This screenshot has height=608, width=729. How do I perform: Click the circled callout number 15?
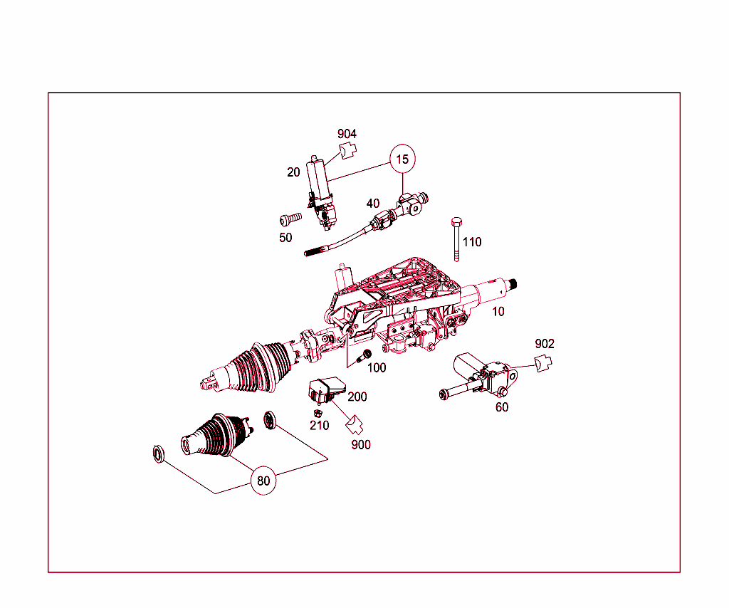pos(402,159)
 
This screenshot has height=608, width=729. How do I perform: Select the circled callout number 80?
pos(263,481)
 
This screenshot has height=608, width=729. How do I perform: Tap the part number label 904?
pos(347,134)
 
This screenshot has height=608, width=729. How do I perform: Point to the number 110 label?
pos(472,242)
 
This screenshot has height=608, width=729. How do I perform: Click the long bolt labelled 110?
pos(456,239)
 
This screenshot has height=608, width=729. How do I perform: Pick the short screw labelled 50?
pos(290,219)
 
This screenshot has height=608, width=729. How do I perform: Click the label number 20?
pos(293,172)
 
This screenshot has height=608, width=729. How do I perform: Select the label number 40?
pos(373,203)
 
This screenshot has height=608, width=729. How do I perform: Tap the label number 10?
pos(498,311)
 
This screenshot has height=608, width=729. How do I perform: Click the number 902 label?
pos(545,343)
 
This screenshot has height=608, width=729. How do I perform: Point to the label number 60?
pos(502,407)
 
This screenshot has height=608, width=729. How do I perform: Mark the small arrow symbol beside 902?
pos(543,362)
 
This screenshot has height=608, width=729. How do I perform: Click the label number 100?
pos(377,367)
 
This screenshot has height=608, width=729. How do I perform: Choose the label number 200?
pos(357,397)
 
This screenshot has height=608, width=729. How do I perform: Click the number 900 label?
pos(361,444)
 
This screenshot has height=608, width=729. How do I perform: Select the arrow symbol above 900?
pos(355,424)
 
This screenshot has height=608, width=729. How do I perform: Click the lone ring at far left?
pos(159,454)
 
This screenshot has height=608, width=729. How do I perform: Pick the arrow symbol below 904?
pos(347,151)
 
